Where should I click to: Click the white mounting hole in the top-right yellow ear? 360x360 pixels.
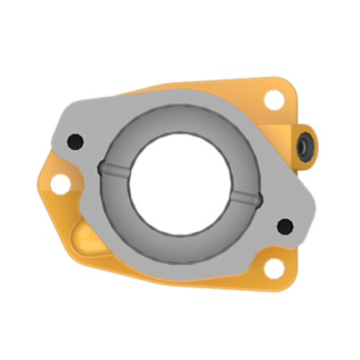tap(274, 100)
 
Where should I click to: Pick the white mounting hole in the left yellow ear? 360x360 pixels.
tap(59, 185)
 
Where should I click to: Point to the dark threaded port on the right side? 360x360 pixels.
tap(305, 146)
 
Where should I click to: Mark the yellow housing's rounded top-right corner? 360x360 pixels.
tap(292, 85)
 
